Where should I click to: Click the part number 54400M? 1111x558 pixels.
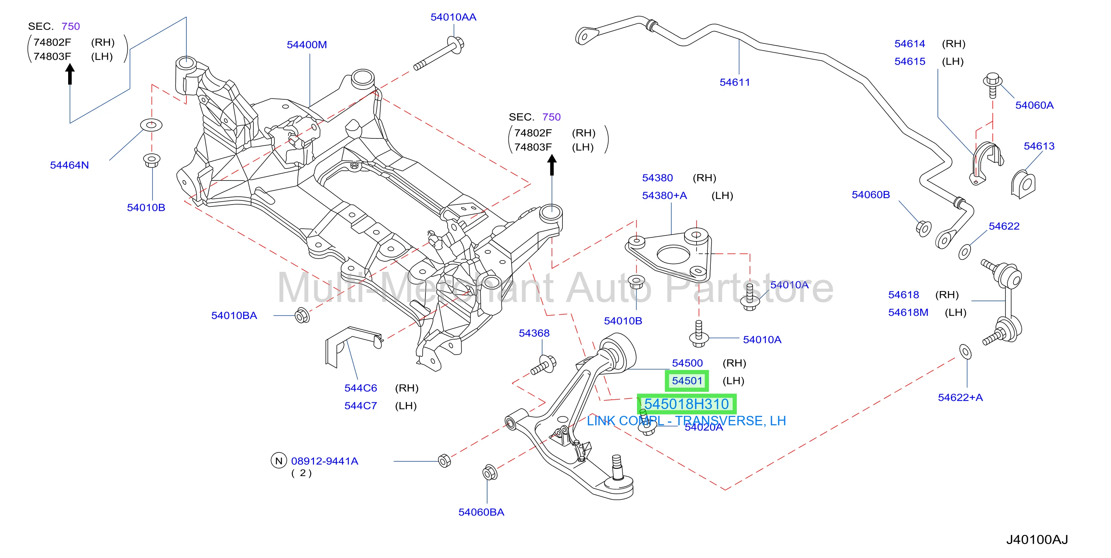pos(307,45)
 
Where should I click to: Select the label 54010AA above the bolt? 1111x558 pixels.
pos(453,17)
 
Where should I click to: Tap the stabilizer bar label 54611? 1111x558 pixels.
pos(735,82)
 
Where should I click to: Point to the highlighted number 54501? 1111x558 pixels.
pos(687,381)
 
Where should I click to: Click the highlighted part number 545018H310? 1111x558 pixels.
pos(687,404)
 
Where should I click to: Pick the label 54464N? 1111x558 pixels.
pos(69,165)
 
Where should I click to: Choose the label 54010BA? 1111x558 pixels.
pos(234,315)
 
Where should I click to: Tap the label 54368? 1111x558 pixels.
pos(534,333)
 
